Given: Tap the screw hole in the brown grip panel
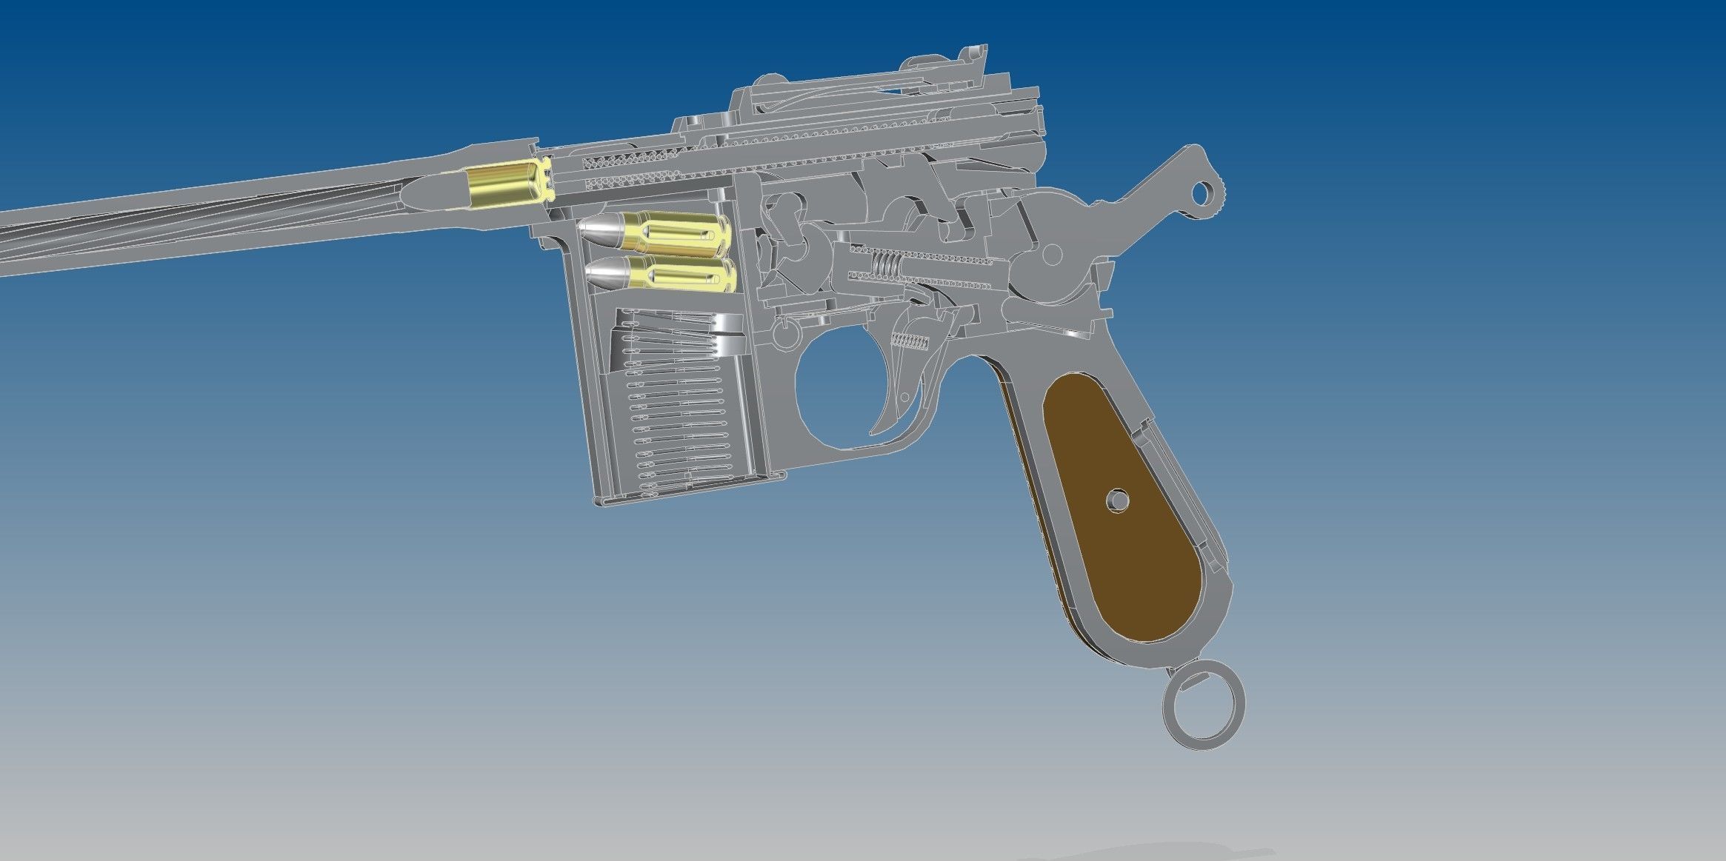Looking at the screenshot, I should (x=1117, y=501).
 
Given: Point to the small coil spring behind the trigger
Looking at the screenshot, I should (x=910, y=341).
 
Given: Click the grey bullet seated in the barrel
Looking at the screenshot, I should (x=437, y=191).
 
